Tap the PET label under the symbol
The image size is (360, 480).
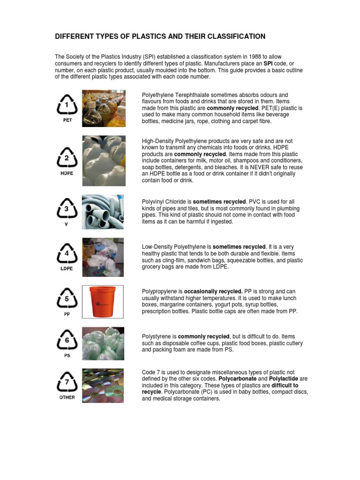tap(67, 120)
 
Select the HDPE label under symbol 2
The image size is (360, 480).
tap(67, 172)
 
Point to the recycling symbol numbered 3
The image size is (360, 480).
tap(66, 209)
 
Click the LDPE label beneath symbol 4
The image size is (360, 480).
tap(67, 269)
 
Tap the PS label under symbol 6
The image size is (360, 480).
tap(67, 356)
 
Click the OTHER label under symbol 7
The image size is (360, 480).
tap(67, 397)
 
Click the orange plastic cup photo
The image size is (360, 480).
tap(103, 304)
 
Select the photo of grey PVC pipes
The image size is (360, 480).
tap(103, 212)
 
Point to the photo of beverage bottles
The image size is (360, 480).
tap(103, 109)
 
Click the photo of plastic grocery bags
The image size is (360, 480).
tap(103, 257)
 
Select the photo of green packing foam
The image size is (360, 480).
tap(103, 343)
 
